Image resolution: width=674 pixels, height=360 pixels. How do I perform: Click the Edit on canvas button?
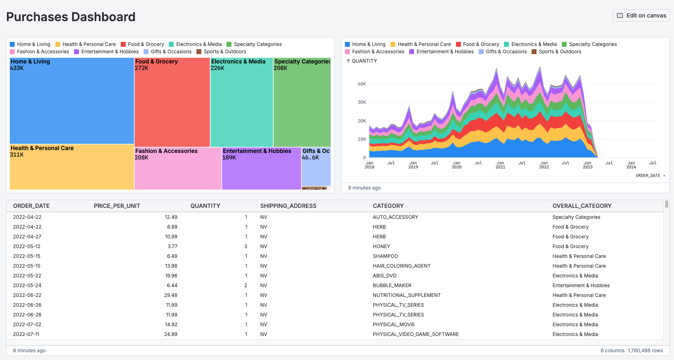pyautogui.click(x=641, y=15)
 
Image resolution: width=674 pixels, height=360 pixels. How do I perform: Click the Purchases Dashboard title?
pyautogui.click(x=71, y=17)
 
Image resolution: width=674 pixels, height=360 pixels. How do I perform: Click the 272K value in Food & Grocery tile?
pyautogui.click(x=142, y=68)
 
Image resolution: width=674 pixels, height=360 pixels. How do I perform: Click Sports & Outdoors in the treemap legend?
pyautogui.click(x=225, y=52)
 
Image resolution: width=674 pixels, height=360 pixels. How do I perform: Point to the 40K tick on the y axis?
pyautogui.click(x=362, y=84)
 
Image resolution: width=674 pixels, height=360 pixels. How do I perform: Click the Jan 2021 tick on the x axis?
pyautogui.click(x=500, y=165)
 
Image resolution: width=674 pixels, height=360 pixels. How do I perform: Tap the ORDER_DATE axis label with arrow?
pyautogui.click(x=650, y=176)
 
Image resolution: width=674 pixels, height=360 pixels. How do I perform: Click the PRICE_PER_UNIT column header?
pyautogui.click(x=117, y=206)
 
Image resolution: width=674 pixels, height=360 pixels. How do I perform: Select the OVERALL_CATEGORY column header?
pyautogui.click(x=582, y=206)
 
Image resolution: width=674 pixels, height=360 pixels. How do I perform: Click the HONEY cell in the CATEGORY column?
pyautogui.click(x=381, y=247)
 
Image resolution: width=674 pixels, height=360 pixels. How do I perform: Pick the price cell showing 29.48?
pyautogui.click(x=170, y=295)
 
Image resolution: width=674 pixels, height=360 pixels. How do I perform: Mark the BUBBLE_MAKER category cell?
pyautogui.click(x=392, y=286)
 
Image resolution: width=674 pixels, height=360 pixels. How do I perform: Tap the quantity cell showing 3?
pyautogui.click(x=245, y=247)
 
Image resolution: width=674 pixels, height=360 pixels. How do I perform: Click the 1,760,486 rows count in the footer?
pyautogui.click(x=645, y=351)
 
